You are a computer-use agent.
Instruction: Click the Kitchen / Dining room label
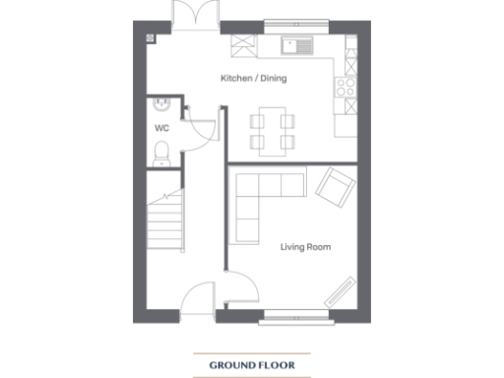pyautogui.click(x=253, y=79)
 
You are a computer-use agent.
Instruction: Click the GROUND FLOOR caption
pyautogui.click(x=251, y=366)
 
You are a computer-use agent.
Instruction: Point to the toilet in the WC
pyautogui.click(x=162, y=150)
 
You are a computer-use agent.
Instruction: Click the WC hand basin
pyautogui.click(x=162, y=103)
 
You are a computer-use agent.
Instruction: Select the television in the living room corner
pyautogui.click(x=342, y=292)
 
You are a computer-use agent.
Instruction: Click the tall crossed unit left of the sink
pyautogui.click(x=242, y=45)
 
